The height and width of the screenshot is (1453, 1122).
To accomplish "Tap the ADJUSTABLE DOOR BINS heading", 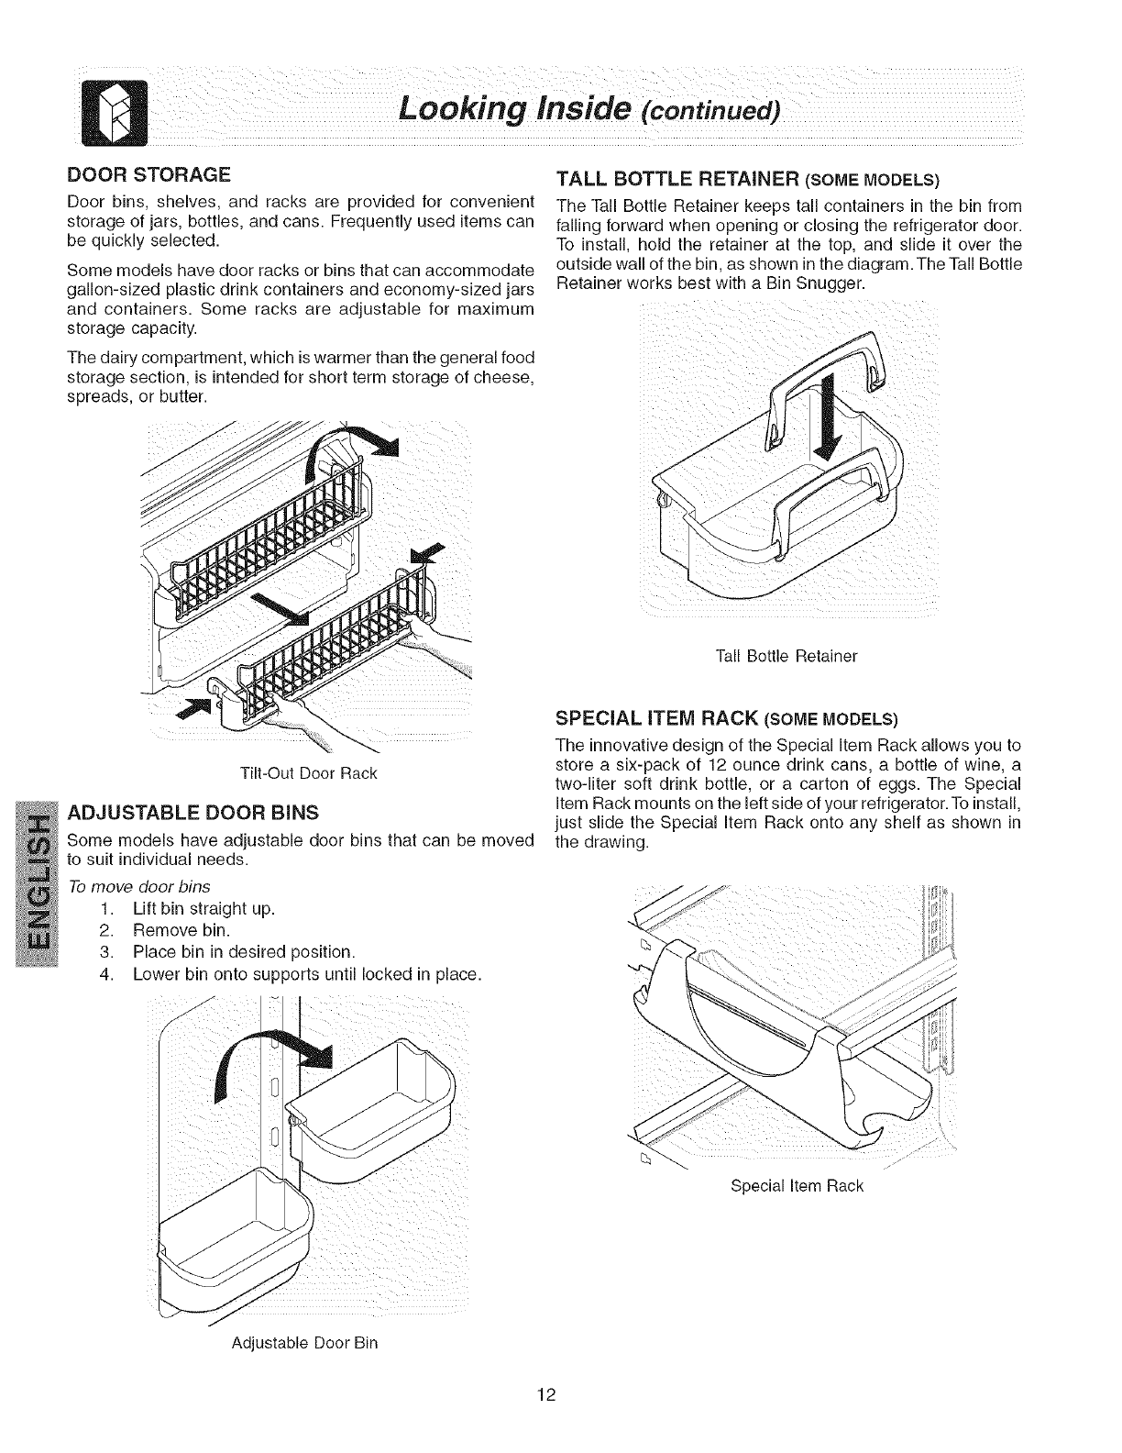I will (194, 812).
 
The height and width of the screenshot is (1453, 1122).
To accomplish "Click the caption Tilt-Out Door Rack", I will (308, 772).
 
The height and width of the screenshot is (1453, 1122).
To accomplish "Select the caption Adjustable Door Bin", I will (305, 1343).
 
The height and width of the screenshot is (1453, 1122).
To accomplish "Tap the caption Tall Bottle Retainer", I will (786, 656).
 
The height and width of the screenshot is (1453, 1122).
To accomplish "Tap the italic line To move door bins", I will (139, 886).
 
